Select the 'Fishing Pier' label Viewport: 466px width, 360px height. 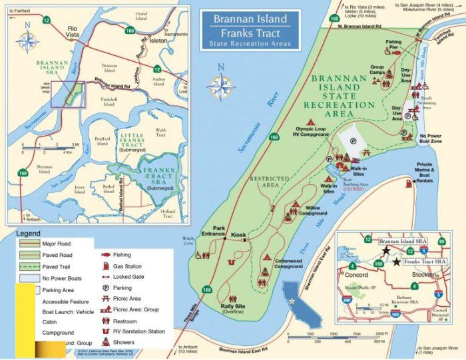pyautogui.click(x=393, y=45)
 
